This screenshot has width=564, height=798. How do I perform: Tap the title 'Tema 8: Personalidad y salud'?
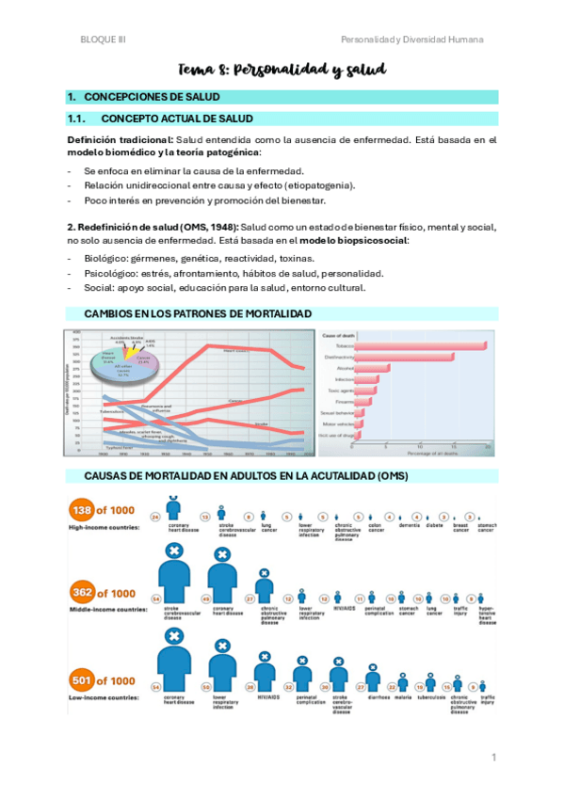click(282, 70)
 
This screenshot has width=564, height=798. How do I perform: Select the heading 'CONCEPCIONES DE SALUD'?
click(152, 97)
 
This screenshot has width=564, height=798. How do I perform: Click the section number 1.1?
click(76, 119)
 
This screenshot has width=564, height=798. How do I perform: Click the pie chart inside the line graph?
click(121, 361)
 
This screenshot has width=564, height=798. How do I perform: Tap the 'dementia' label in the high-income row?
click(409, 529)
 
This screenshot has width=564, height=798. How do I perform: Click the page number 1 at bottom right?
click(493, 758)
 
